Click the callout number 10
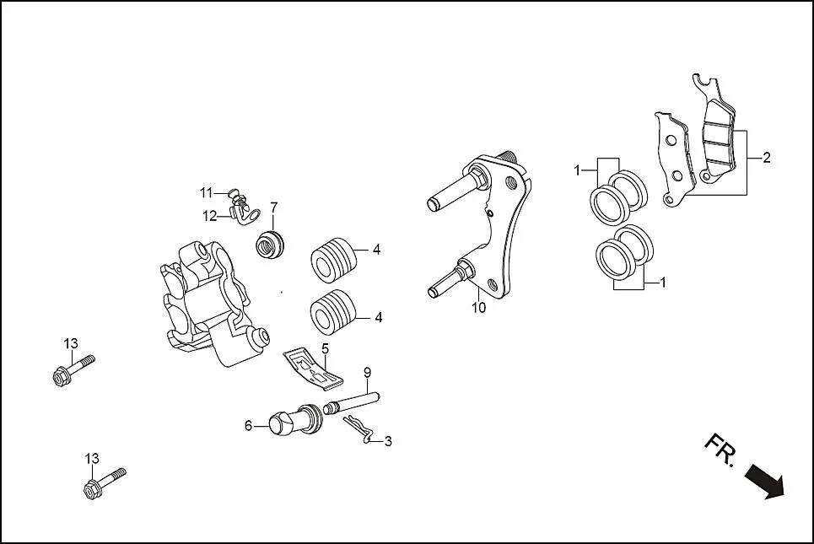click(x=478, y=308)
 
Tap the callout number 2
click(x=766, y=158)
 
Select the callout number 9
click(x=367, y=372)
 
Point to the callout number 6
click(x=248, y=427)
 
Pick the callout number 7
click(x=273, y=207)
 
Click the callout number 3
click(x=387, y=441)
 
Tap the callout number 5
click(x=324, y=347)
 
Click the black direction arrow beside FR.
click(x=764, y=483)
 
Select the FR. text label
click(x=720, y=452)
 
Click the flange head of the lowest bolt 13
click(x=93, y=490)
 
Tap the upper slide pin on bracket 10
click(x=452, y=192)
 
